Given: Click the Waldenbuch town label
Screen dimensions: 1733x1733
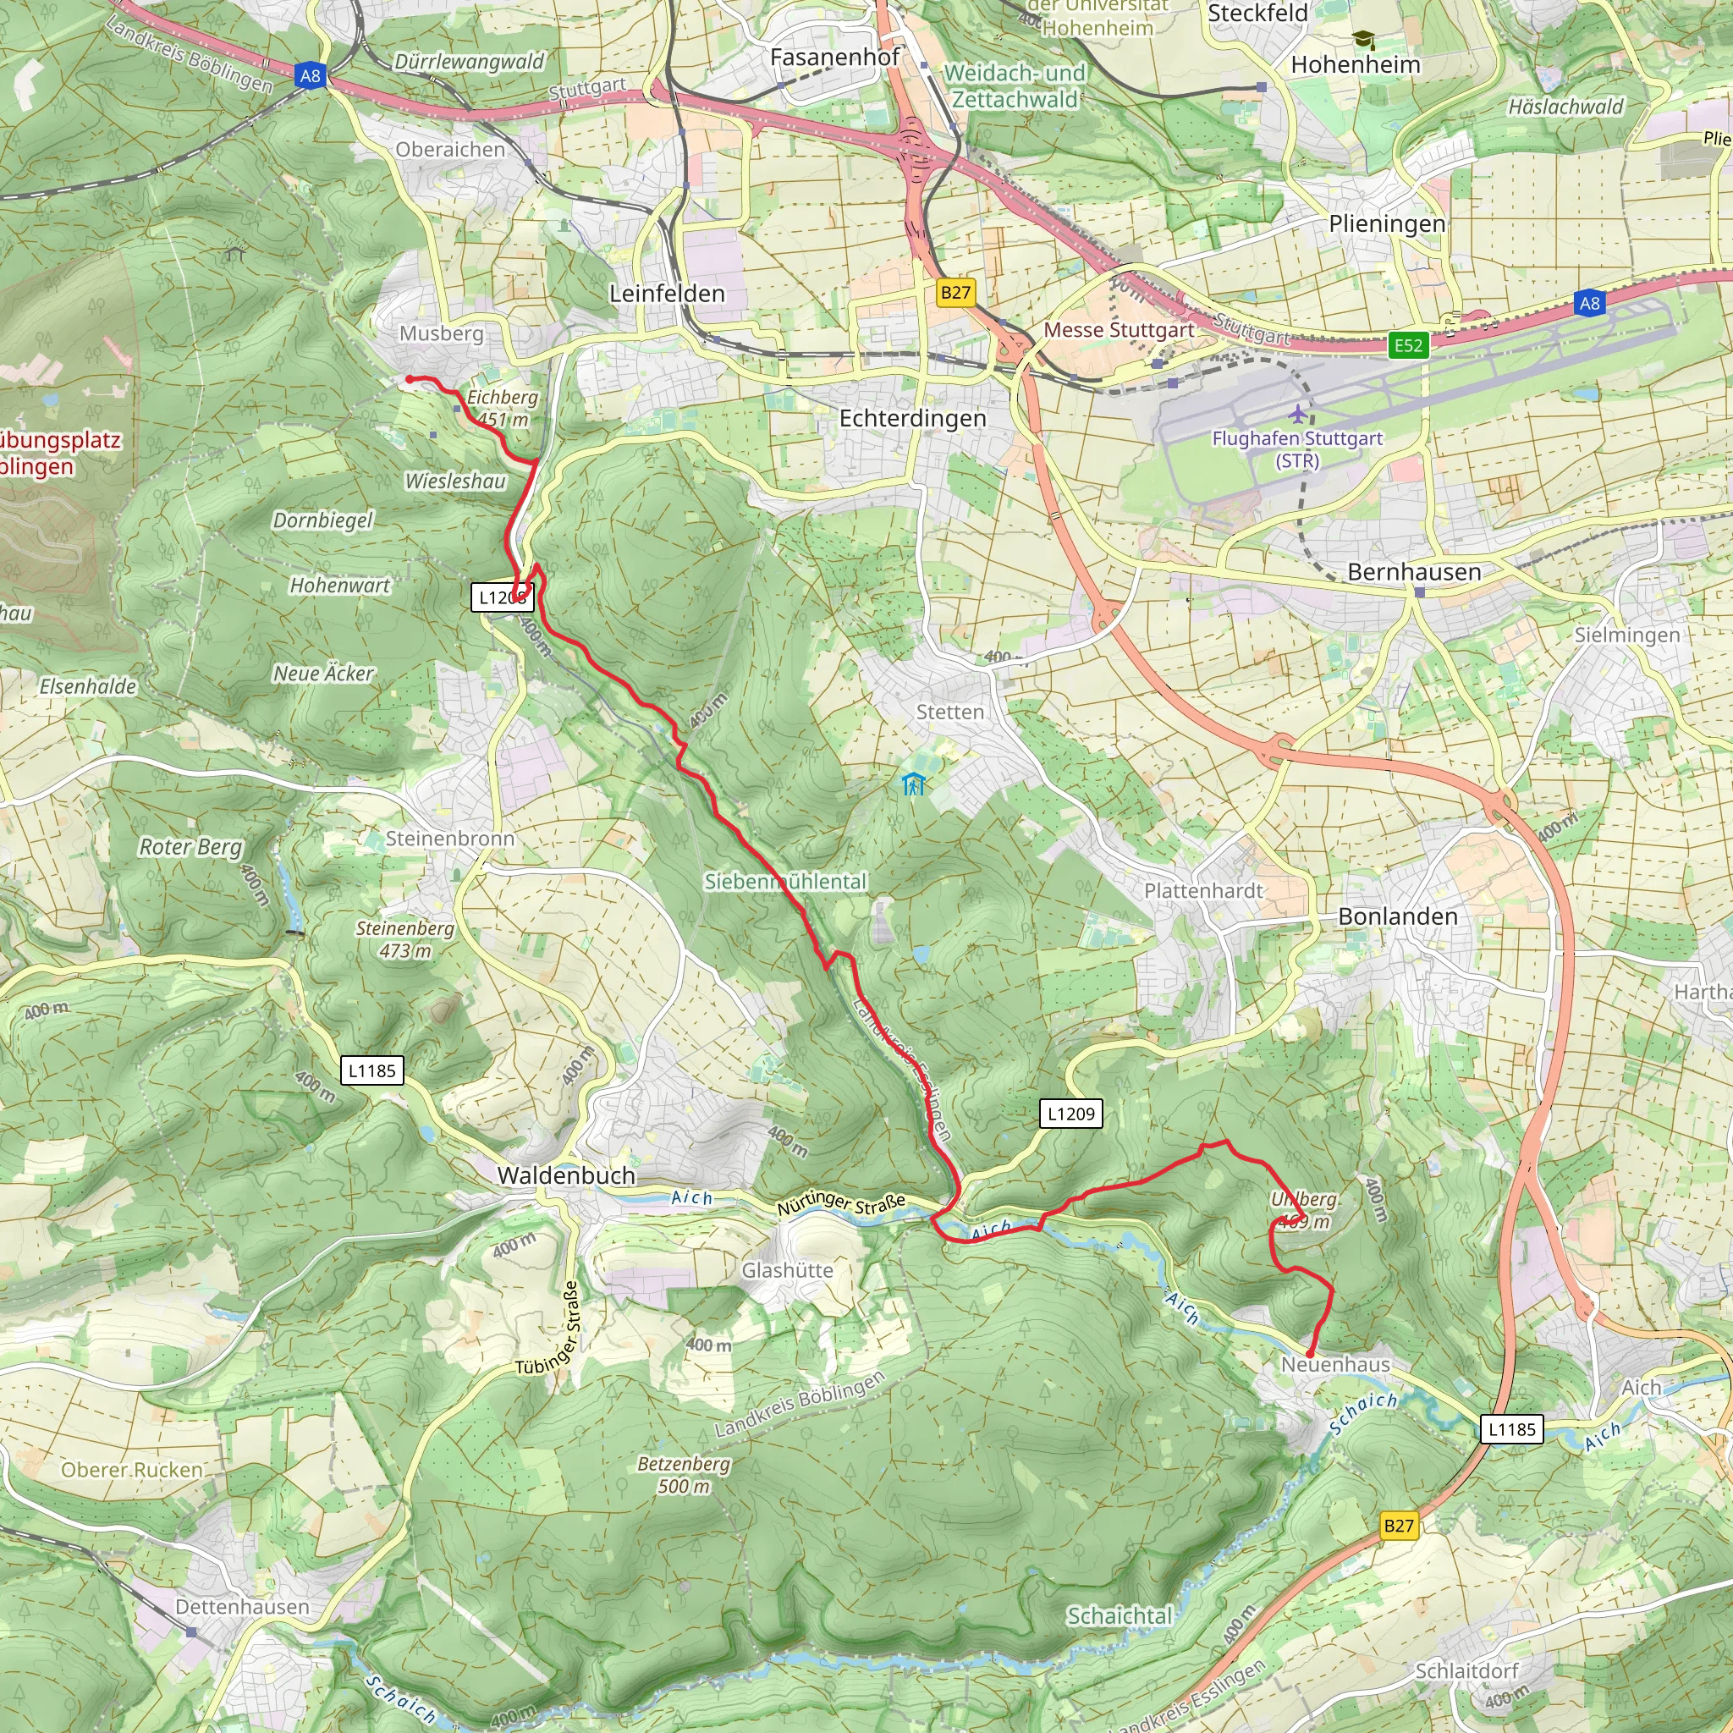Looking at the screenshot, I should [x=566, y=1175].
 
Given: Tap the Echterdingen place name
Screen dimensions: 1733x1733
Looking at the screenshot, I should [x=912, y=418].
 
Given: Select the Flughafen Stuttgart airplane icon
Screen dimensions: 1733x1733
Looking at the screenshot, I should [x=1298, y=415].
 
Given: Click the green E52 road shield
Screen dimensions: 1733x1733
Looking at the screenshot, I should [x=1407, y=345].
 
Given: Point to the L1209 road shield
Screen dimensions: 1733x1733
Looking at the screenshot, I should [x=1071, y=1114].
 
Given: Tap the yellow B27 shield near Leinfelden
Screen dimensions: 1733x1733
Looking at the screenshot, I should [x=955, y=293].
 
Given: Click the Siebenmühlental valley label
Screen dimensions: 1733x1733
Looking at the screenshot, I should [x=785, y=881].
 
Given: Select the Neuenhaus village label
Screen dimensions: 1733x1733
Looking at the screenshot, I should [x=1334, y=1364].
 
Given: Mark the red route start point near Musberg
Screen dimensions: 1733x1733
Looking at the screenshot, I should [x=410, y=379].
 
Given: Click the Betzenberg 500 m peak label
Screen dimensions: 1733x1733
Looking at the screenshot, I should [x=684, y=1475].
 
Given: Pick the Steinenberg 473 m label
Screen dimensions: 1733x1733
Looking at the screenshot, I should [x=404, y=939].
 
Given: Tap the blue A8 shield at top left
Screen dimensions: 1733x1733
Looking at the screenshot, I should [x=310, y=76].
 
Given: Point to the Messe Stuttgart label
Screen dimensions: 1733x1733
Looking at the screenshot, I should [x=1118, y=330].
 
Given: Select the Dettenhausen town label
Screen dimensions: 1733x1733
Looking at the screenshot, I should [x=242, y=1607].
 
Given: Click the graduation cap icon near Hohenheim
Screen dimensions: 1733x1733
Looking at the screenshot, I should [x=1363, y=40].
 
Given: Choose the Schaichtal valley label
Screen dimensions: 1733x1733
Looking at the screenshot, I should [x=1119, y=1615].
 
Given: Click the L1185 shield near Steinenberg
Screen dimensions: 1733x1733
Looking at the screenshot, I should [x=371, y=1070].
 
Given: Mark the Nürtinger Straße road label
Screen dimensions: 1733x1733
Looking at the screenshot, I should [x=840, y=1203].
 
